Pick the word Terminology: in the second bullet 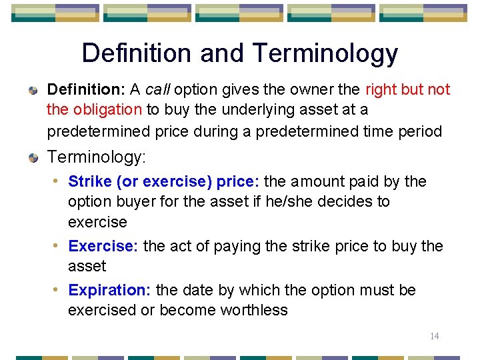click(97, 157)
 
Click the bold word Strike click(90, 181)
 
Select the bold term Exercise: click(103, 246)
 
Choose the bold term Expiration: click(110, 290)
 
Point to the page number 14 click(434, 336)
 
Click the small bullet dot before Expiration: click(59, 290)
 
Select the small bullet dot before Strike click(59, 181)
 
